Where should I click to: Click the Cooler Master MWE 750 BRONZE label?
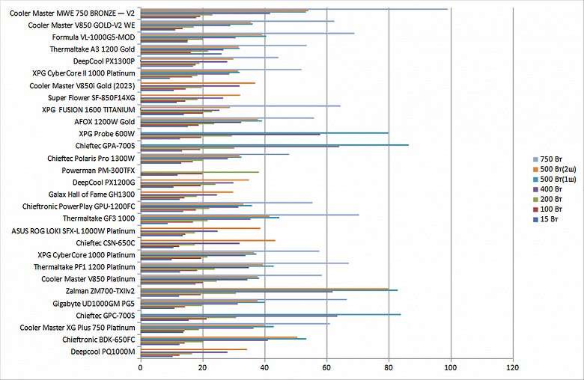[72, 13]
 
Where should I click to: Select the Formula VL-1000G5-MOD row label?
[94, 37]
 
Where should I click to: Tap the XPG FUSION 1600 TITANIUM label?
[88, 110]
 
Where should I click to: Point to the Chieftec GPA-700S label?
[105, 146]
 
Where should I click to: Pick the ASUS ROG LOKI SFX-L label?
[73, 230]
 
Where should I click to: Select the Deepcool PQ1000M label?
[103, 352]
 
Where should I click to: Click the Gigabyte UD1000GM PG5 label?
[94, 303]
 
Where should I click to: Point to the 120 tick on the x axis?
[512, 367]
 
